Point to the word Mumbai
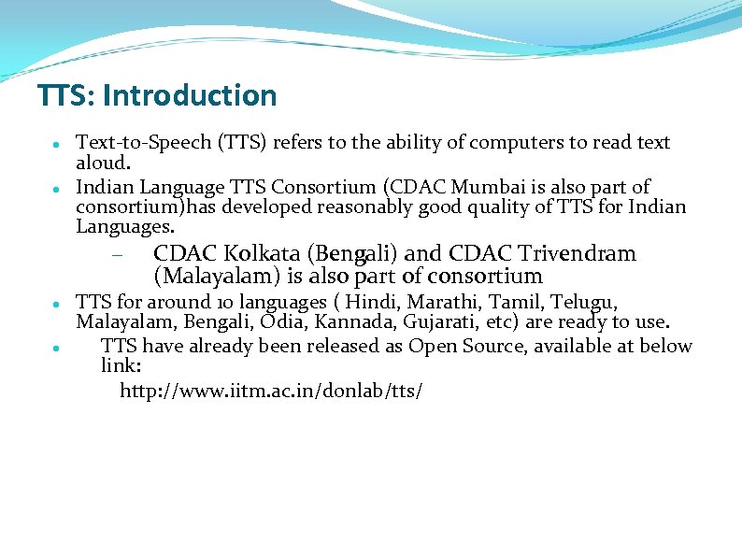tap(472, 187)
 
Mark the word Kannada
tap(353, 323)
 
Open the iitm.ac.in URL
tap(271, 391)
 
